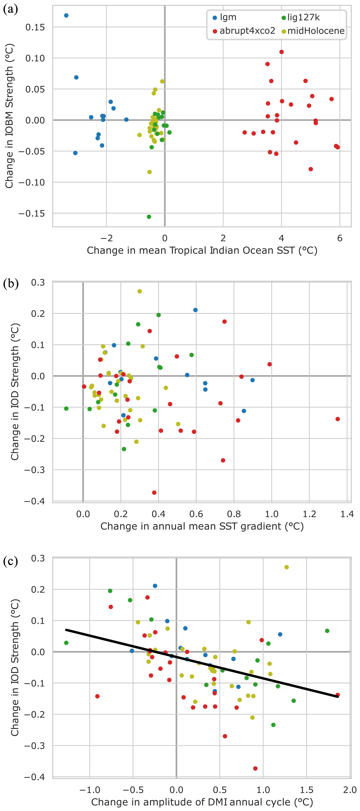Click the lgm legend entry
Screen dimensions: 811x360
225,18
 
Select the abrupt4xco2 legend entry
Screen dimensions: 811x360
244,31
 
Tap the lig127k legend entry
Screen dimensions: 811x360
300,18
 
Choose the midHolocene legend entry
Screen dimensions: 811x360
313,31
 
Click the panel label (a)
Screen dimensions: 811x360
10,9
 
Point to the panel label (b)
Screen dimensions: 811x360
10,284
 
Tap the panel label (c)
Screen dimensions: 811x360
10,561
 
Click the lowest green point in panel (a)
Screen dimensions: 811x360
149,216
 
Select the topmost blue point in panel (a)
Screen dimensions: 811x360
66,15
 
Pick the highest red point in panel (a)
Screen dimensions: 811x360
281,52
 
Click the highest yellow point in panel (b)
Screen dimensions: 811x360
139,291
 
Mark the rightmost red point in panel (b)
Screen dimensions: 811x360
337,419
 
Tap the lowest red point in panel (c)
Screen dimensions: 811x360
255,769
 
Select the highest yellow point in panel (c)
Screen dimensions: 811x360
286,567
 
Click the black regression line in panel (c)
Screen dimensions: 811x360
202,663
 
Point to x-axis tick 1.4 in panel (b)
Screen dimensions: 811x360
347,514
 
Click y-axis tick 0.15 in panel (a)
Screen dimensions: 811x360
35,27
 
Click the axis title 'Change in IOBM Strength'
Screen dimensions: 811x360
9,116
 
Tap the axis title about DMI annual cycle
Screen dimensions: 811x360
202,802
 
